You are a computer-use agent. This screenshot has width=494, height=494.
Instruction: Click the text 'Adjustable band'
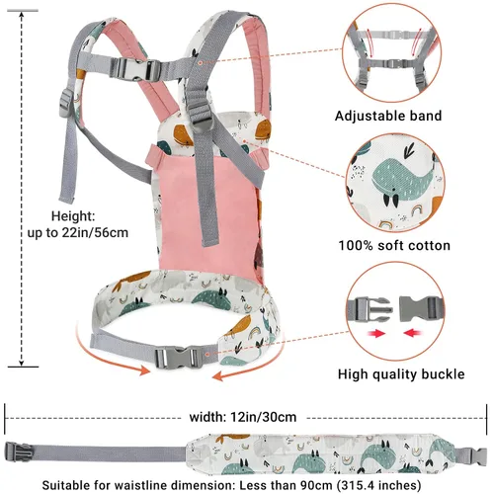pos(388,116)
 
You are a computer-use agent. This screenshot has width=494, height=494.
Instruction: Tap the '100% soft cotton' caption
pos(394,246)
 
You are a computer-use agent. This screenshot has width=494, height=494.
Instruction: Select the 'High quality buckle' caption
pos(401,374)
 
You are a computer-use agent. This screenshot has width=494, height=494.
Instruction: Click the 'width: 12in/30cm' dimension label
pos(243,417)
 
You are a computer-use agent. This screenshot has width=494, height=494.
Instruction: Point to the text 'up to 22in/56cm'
pos(78,232)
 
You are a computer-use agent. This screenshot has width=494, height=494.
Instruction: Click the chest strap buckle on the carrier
pos(135,69)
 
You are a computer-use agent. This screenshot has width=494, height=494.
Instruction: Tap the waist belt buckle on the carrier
pos(177,358)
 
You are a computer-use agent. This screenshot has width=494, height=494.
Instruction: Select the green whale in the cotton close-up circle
pos(400,180)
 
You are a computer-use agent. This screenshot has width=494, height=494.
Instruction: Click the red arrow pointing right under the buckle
pos(376,334)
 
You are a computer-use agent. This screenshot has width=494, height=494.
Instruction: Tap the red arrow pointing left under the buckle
pos(413,333)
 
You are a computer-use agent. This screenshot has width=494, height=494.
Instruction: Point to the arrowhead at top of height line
pos(22,15)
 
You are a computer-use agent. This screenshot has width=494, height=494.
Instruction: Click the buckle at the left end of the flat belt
pos(18,452)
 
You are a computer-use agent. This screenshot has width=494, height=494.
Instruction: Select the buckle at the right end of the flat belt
pos(476,455)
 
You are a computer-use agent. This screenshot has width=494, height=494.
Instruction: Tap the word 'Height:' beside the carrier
pos(73,216)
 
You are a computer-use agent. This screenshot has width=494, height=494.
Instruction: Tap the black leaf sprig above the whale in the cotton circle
pos(410,149)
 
